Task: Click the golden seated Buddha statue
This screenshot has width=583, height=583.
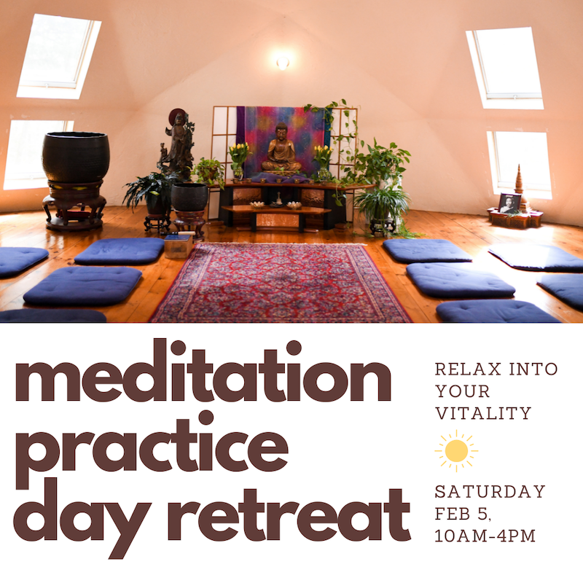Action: pos(281,148)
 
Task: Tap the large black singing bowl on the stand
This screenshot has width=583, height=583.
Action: pos(76,157)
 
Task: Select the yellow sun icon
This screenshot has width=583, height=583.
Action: pos(456,451)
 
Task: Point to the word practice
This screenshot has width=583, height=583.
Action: pos(152,448)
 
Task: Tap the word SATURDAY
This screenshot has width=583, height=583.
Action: pos(490,491)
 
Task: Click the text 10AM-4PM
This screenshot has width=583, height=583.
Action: pos(485,536)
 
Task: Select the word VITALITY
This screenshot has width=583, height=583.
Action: pos(483,413)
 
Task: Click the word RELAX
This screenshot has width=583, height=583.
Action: pos(468,369)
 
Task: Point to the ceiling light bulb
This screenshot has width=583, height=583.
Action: pos(283,63)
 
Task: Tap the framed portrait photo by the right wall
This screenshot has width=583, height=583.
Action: pos(509,203)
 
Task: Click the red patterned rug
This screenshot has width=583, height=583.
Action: pos(281,283)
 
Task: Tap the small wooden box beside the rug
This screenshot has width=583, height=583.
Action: pos(179,246)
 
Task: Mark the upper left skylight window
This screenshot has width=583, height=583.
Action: pos(59,56)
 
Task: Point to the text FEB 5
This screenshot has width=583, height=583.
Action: pos(463,514)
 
